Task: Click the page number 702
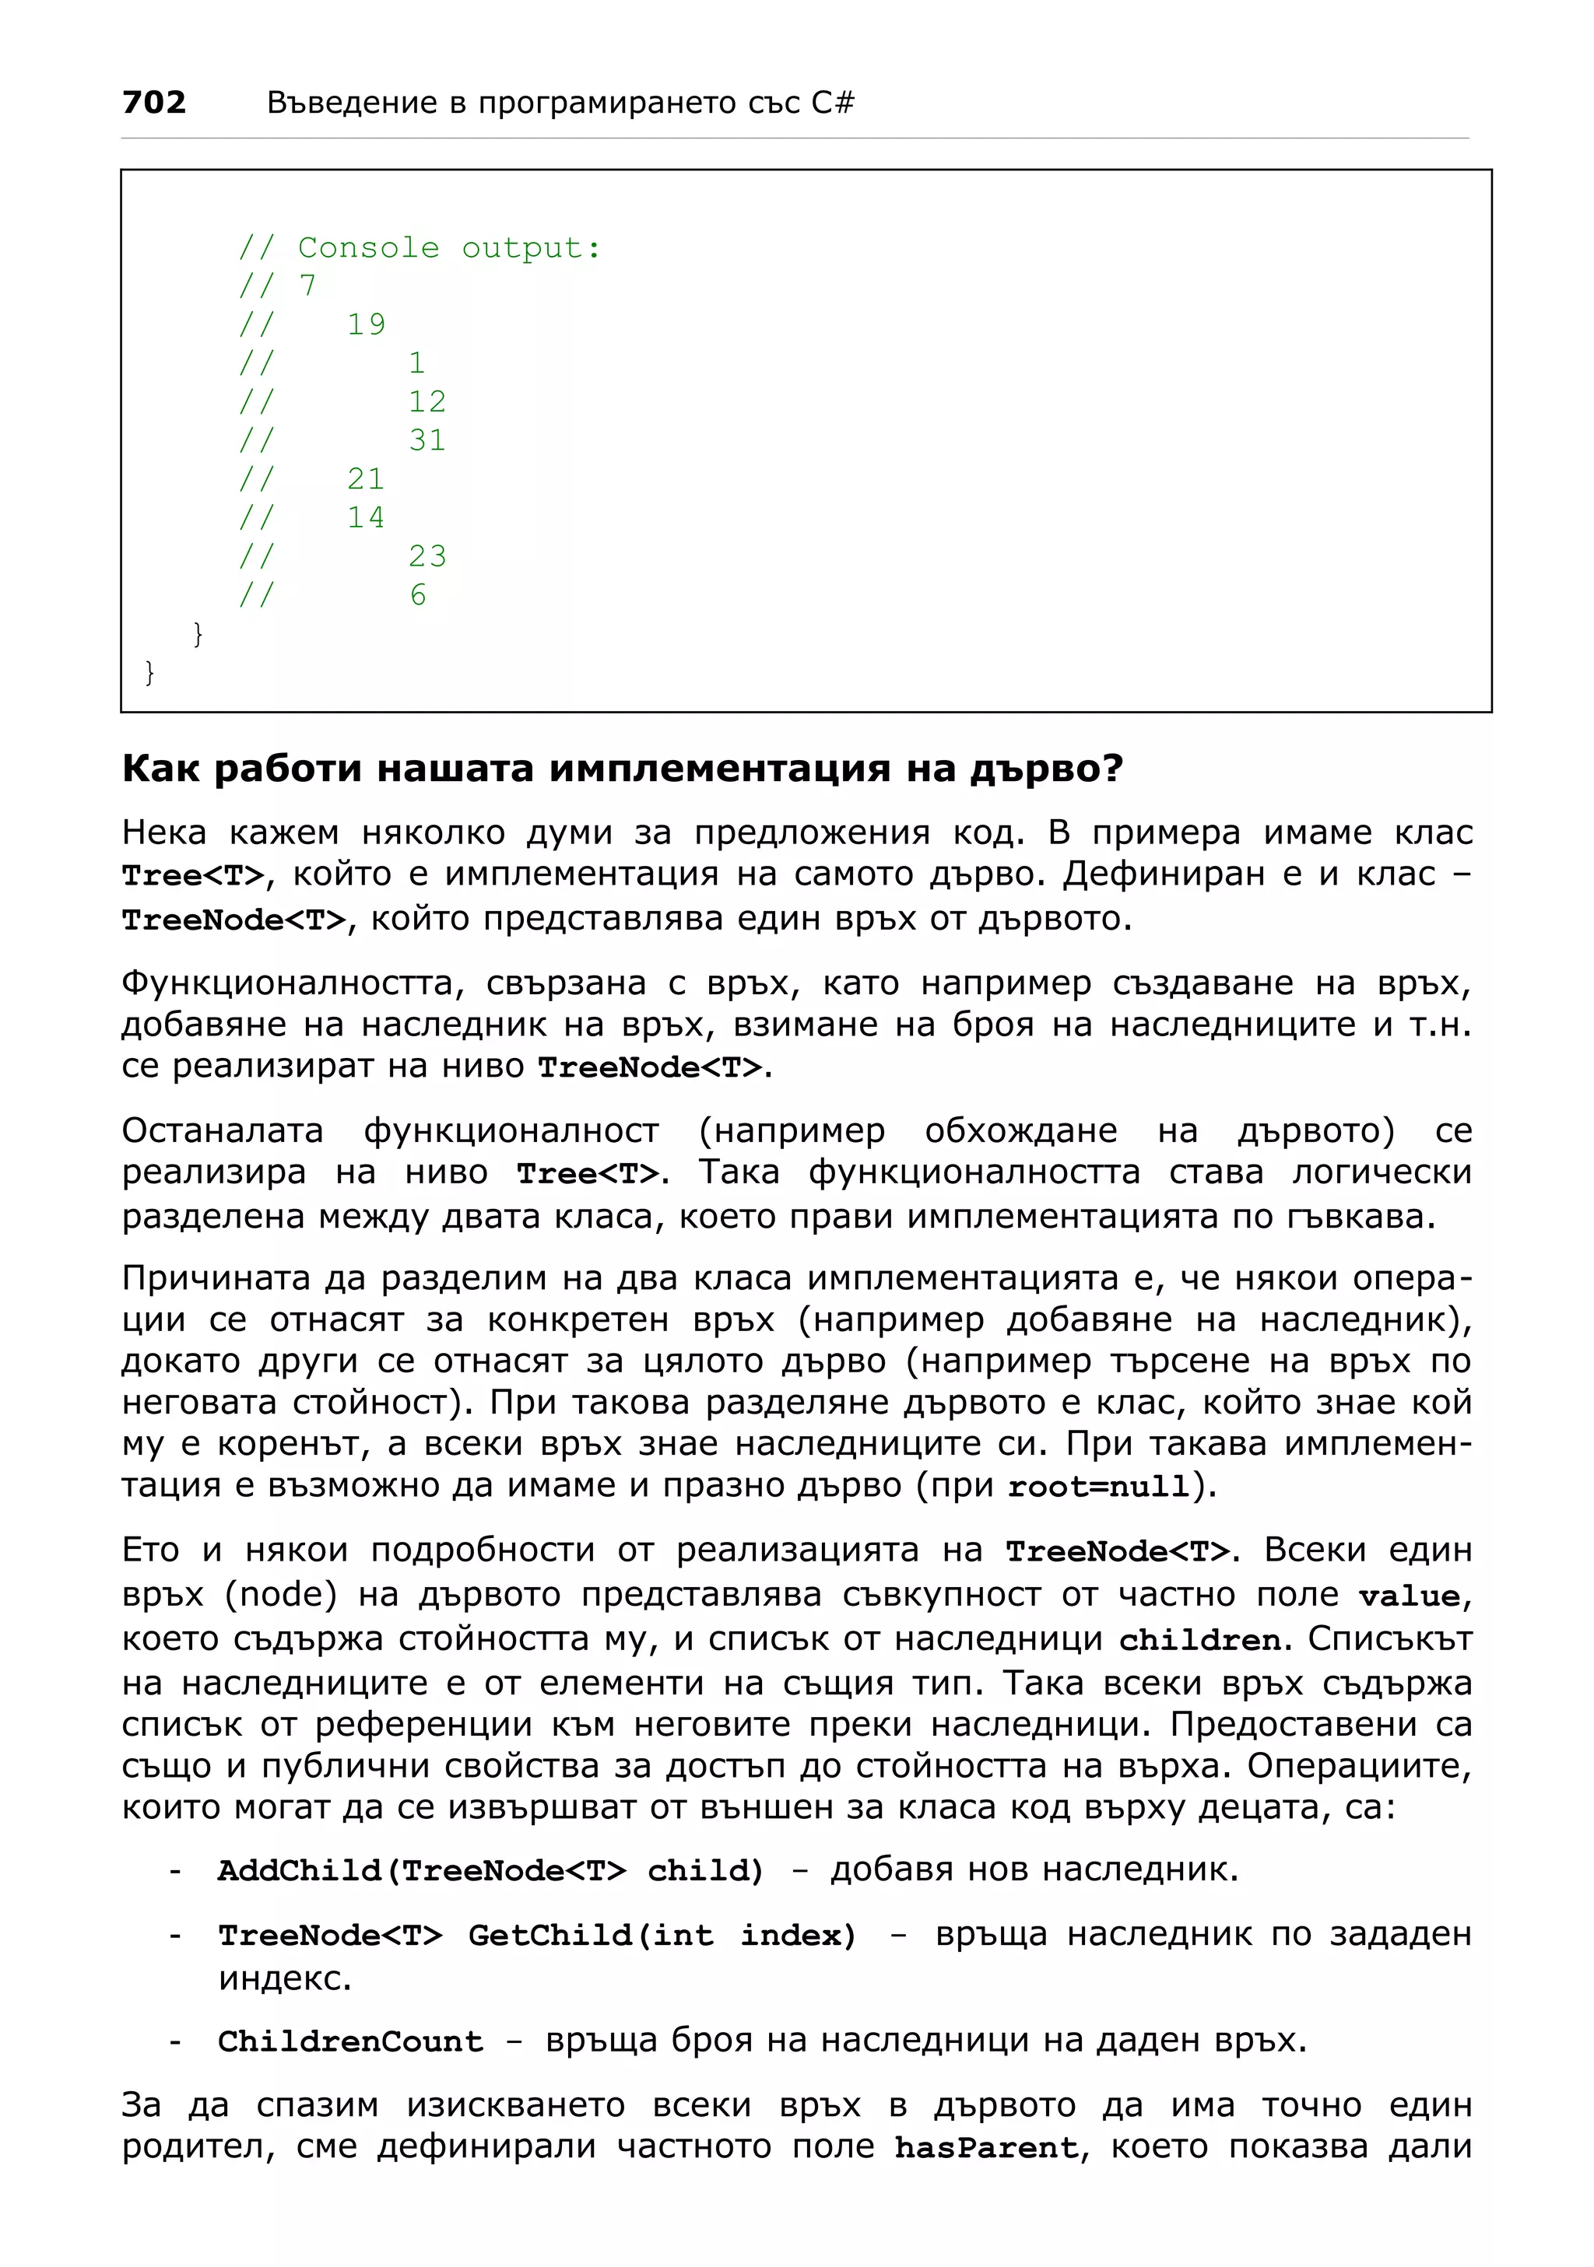coord(154,102)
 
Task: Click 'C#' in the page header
coord(833,102)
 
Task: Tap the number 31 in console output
coord(427,440)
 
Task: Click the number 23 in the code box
coord(427,556)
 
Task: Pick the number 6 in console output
coord(419,594)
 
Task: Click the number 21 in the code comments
coord(367,479)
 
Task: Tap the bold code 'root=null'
coord(1098,1486)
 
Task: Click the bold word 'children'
coord(1200,1640)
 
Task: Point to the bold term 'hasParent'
coord(985,2147)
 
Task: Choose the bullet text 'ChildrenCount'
coord(350,2041)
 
